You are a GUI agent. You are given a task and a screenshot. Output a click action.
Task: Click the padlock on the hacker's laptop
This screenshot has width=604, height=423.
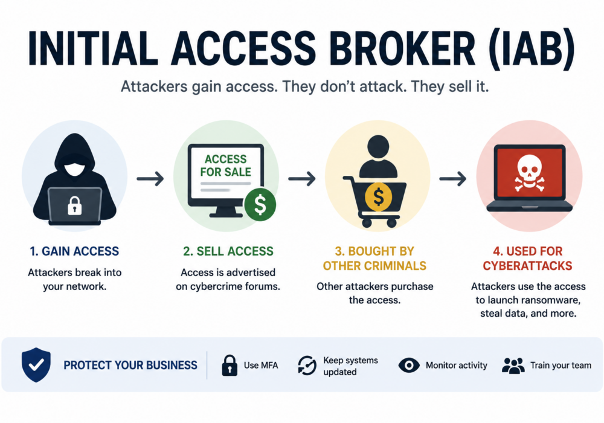coord(75,205)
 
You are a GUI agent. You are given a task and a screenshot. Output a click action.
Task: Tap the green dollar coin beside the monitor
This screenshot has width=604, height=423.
coord(260,205)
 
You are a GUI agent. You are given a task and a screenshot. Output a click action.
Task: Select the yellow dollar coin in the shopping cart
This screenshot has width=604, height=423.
coord(378,197)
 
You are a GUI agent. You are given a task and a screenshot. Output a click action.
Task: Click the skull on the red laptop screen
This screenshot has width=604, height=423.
coord(530,173)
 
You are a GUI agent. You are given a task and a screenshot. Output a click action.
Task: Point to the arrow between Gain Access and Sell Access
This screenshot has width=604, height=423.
coord(150,178)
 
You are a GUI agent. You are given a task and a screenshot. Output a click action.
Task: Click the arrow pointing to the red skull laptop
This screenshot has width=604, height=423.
coord(453,178)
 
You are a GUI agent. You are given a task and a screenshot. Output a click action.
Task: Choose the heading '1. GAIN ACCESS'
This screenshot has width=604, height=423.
coord(74,251)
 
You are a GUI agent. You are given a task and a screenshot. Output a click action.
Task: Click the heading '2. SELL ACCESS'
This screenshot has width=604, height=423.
coord(228,251)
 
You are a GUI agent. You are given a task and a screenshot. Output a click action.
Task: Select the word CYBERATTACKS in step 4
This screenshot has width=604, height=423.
coord(528,266)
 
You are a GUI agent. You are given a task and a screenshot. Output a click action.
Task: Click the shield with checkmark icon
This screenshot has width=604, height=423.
coord(36,364)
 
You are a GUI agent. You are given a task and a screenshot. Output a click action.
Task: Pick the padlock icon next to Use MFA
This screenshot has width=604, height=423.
coord(230,365)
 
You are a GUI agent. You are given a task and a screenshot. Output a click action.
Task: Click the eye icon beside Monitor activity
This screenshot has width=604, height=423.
coord(409,365)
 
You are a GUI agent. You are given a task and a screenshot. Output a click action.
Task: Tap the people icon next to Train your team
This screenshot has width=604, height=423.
coord(513,366)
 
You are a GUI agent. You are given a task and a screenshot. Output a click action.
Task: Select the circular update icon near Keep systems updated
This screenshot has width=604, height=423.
coord(307,365)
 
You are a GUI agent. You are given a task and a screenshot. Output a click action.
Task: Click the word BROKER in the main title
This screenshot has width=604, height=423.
coord(402,48)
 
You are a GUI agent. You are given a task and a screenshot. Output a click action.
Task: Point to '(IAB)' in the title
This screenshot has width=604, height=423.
coord(531,49)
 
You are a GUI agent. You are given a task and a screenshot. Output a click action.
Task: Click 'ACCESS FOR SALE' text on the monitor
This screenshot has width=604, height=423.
coord(226,165)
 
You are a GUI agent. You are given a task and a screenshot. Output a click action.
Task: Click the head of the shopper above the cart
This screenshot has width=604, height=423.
coord(378,146)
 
